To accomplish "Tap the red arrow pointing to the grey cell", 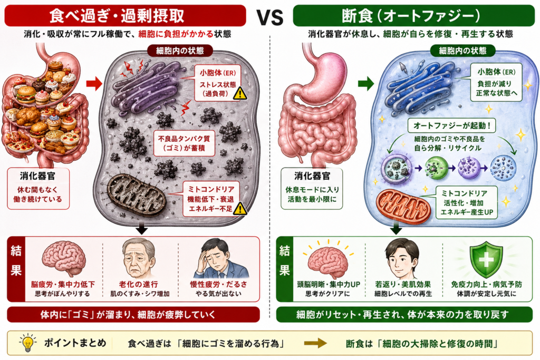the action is [x=94, y=84].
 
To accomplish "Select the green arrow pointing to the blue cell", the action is [x=366, y=83].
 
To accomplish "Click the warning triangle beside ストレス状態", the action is [x=240, y=93].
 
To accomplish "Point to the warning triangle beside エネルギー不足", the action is [x=240, y=208].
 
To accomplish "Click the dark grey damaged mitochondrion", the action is [x=137, y=196].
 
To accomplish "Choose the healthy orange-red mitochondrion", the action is [x=403, y=206].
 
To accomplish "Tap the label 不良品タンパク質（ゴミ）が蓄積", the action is [x=184, y=143].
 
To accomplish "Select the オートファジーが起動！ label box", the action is [x=451, y=126].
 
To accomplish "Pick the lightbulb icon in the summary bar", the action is [x=28, y=343].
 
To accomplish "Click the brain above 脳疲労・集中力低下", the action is [x=64, y=258].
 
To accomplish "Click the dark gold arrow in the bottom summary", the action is [x=315, y=343].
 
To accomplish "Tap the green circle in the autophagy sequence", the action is [x=436, y=168].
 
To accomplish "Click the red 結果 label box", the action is [x=16, y=269].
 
